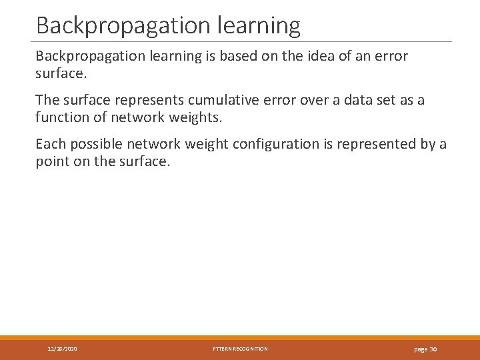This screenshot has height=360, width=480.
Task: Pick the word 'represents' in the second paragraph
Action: tap(152, 101)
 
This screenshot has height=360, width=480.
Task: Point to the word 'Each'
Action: tap(50, 145)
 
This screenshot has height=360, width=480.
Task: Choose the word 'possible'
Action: tap(95, 145)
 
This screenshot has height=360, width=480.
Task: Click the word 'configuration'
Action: tap(272, 145)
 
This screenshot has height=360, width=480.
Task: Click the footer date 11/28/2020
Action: tap(63, 349)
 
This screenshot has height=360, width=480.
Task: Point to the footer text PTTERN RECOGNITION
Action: tap(240, 349)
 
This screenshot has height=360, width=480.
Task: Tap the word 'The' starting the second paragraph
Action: tap(47, 101)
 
